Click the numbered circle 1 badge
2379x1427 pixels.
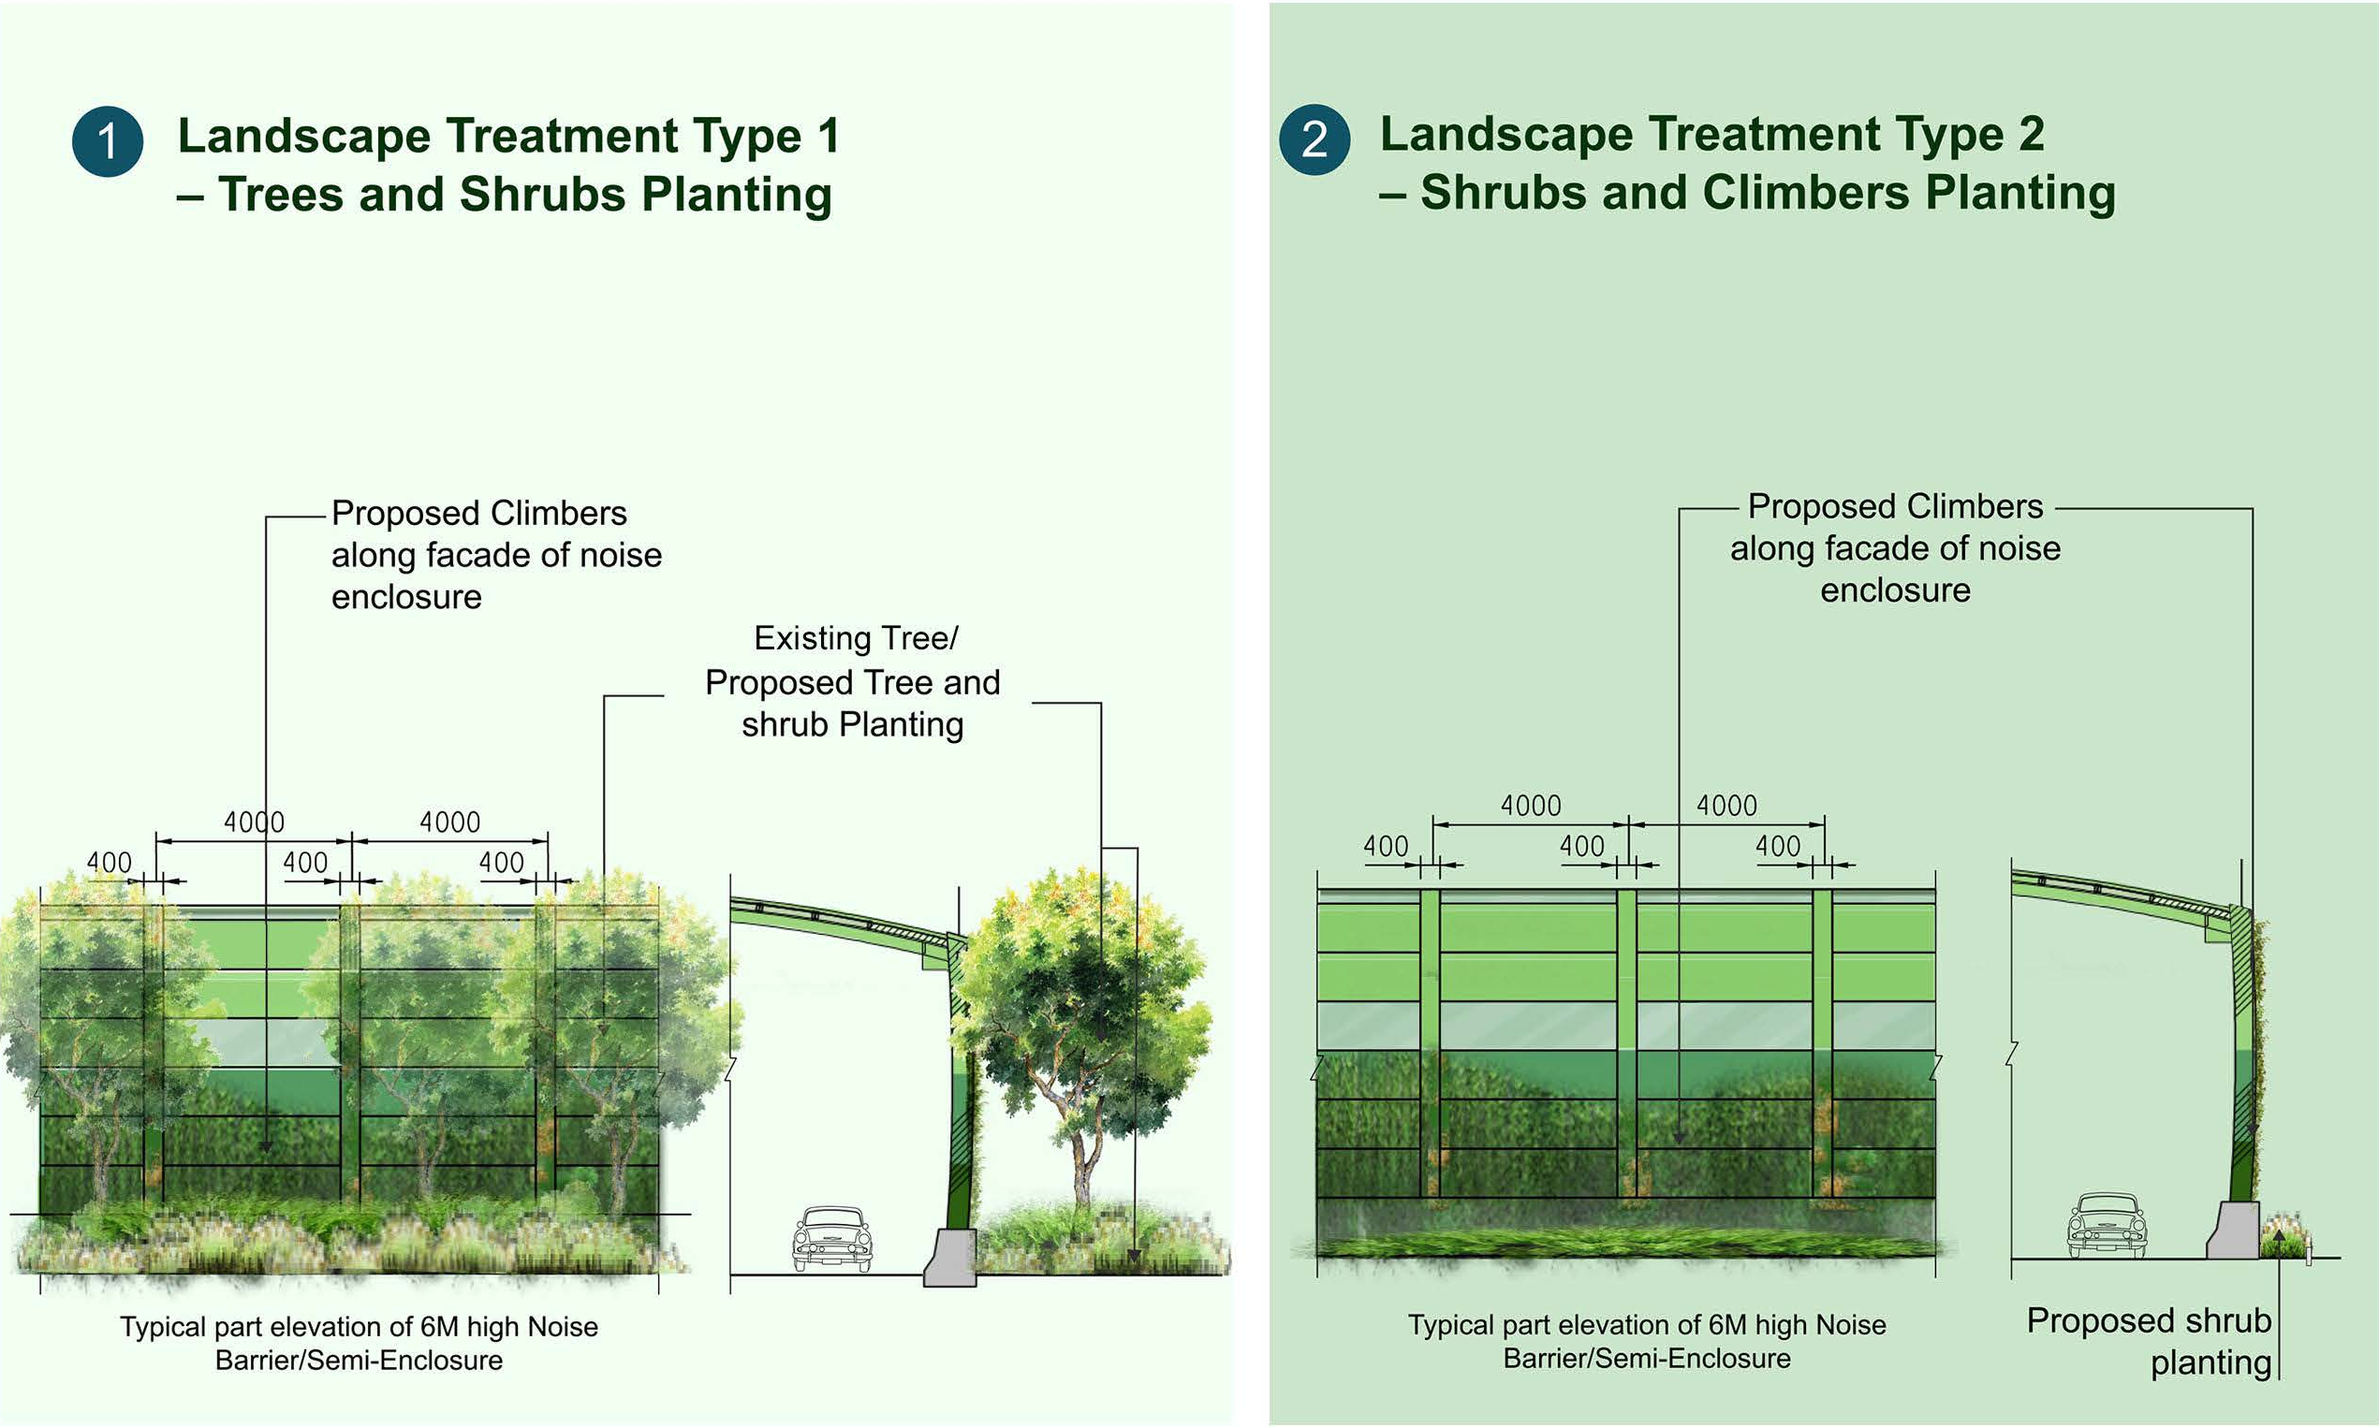(x=108, y=141)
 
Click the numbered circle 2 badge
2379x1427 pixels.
(x=1314, y=139)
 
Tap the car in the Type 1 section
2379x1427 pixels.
(x=831, y=1240)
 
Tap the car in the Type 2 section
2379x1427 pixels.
(x=2107, y=1225)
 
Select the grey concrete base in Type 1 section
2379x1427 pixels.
(x=950, y=1257)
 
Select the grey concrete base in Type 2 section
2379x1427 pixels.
(x=2234, y=1229)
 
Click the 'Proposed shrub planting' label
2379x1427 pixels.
(x=2149, y=1342)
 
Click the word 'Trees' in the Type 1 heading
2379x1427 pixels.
(x=280, y=195)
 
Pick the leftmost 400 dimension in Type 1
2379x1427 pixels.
(x=109, y=862)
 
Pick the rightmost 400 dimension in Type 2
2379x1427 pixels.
(x=1778, y=846)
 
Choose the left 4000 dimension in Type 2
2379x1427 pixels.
(x=1531, y=805)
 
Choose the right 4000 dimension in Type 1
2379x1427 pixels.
(x=449, y=823)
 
